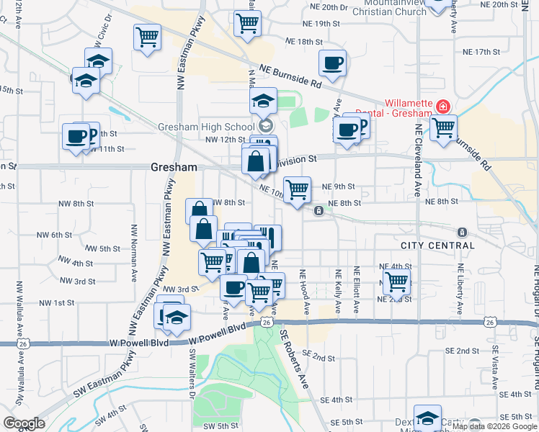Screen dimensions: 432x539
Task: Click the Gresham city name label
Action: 174,167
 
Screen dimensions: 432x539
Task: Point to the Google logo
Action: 24,423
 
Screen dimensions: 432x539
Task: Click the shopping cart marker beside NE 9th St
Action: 297,190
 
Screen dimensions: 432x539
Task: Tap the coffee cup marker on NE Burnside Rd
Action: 332,63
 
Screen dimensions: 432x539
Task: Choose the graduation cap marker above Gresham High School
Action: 264,101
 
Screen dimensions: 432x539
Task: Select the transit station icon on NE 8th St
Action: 318,211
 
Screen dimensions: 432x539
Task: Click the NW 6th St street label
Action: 56,235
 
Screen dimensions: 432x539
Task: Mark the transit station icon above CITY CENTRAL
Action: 461,233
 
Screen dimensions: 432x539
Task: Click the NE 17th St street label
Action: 481,52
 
